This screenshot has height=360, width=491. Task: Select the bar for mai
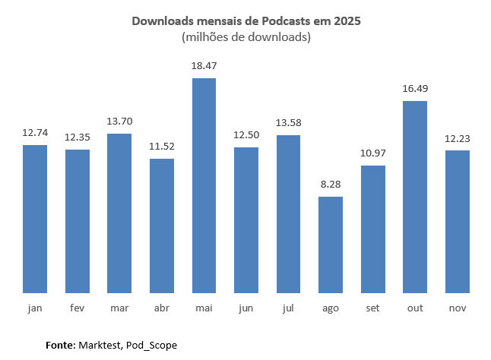point(204,185)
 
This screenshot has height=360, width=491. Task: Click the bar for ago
point(331,245)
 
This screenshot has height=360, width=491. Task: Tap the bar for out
point(415,197)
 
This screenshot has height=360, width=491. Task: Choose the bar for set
point(373,229)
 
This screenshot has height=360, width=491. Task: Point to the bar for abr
point(162,226)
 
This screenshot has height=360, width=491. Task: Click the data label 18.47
point(204,68)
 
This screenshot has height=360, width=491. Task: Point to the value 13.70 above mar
point(119,122)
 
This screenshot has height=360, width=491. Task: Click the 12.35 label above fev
point(78,138)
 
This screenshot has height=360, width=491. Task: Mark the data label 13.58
point(288,124)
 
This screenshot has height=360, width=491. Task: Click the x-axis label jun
point(246,308)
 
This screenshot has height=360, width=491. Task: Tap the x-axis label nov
point(458,308)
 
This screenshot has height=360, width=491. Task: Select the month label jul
point(288,308)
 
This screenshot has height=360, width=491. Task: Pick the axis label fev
point(78,308)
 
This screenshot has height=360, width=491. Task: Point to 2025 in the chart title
point(346,21)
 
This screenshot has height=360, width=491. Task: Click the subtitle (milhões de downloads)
point(245,37)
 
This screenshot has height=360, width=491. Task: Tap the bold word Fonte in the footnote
point(60,345)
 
